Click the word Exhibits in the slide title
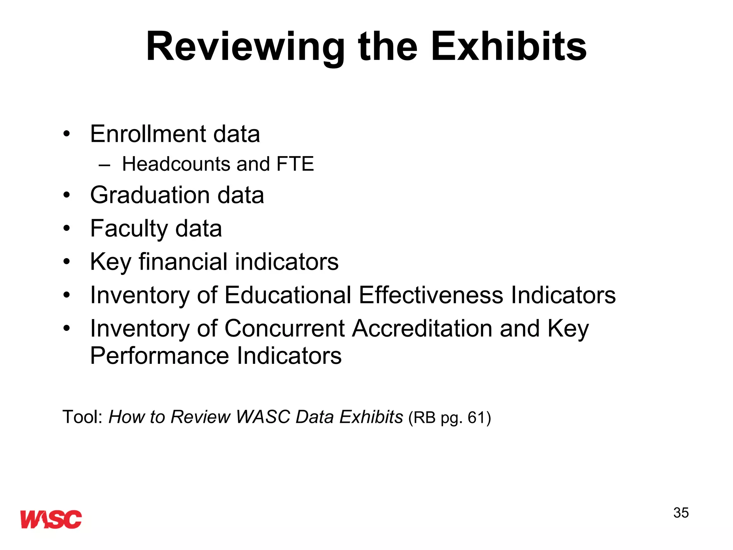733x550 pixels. (509, 47)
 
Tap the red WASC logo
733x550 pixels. (51, 519)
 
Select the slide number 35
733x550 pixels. (681, 513)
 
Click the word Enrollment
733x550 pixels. (148, 134)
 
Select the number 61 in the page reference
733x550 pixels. (476, 418)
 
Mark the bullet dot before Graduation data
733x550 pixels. (67, 196)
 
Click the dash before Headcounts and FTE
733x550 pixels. (104, 165)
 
